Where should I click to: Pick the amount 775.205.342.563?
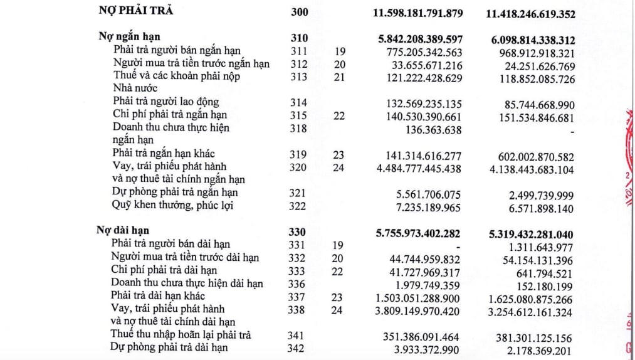pyautogui.click(x=421, y=51)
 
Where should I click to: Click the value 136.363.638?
pyautogui.click(x=433, y=130)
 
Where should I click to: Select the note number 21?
pyautogui.click(x=339, y=77)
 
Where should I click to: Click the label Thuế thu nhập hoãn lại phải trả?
pyautogui.click(x=181, y=335)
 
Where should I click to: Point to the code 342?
pyautogui.click(x=300, y=347)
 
